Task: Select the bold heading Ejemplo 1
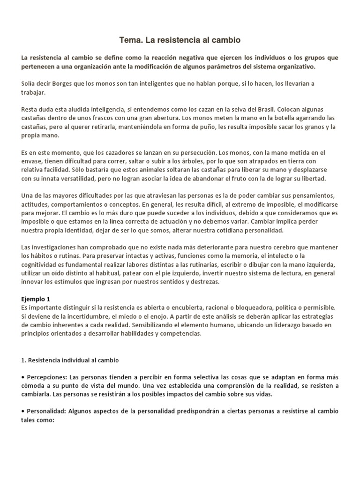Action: coord(36,299)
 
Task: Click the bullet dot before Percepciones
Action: coord(23,377)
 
